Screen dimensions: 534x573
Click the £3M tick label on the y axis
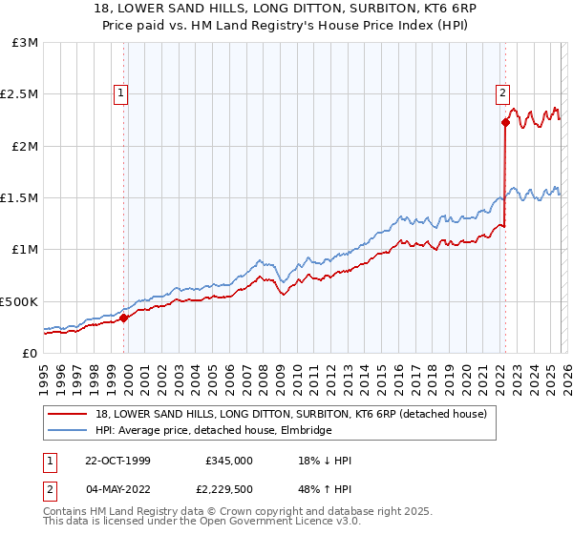click(24, 43)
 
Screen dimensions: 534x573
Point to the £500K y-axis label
click(19, 301)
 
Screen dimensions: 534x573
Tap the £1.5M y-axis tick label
click(19, 198)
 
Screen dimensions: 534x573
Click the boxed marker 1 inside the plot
click(122, 93)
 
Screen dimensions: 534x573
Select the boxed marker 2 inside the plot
click(502, 93)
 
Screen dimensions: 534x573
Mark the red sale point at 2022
click(504, 123)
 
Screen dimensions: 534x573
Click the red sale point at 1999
click(124, 318)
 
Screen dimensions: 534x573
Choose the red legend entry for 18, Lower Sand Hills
click(291, 414)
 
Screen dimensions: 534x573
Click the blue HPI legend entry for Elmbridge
click(213, 431)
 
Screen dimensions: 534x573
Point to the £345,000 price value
click(229, 460)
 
